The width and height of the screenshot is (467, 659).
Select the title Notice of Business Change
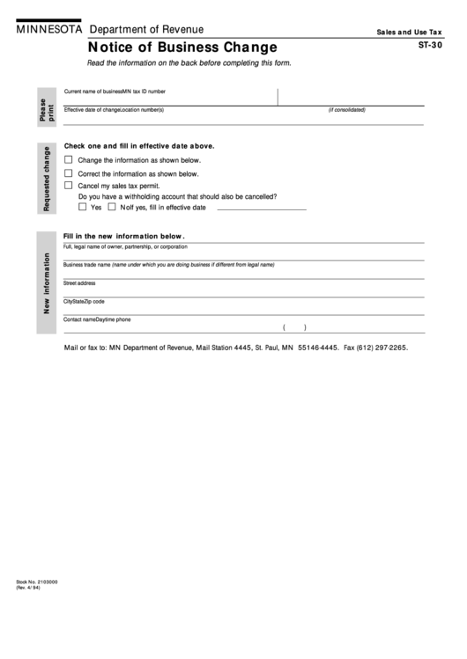pos(182,48)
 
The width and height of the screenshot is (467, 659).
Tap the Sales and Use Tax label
pos(409,31)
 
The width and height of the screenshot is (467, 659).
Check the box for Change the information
pos(68,160)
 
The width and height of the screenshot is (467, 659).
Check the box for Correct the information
pos(68,173)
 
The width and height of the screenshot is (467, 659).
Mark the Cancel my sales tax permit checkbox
pos(68,186)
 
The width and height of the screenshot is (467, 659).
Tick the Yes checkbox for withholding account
pos(82,208)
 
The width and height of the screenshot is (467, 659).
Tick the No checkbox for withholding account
pos(111,208)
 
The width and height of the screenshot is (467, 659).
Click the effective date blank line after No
pos(261,209)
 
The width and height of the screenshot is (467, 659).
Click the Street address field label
pos(79,283)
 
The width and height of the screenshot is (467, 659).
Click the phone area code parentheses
pos(294,327)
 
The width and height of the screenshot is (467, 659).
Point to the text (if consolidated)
pos(346,110)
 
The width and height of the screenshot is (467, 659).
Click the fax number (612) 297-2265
pos(375,348)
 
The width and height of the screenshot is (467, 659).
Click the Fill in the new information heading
pos(123,236)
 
